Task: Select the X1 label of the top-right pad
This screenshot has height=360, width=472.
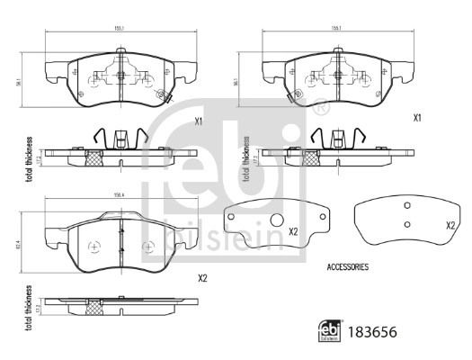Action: (417, 118)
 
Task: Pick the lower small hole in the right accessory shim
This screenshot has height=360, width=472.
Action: (407, 225)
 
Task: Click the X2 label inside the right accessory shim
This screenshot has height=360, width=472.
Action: (450, 225)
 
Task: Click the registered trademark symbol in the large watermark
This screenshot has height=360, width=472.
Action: (320, 109)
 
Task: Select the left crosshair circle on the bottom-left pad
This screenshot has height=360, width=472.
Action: (95, 245)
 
